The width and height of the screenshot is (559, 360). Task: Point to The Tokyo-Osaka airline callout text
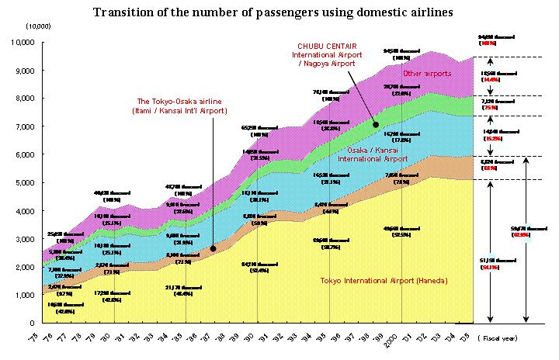coord(182,106)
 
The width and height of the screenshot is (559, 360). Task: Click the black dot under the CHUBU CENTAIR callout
coord(375,124)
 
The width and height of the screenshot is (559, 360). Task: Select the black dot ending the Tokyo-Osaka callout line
coord(213,249)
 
